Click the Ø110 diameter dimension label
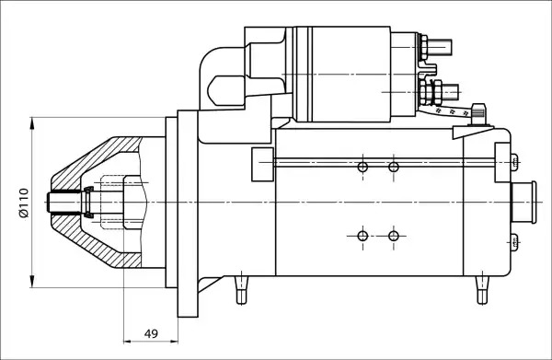[x=24, y=203]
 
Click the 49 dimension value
[x=152, y=333]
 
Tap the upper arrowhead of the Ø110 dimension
[x=32, y=124]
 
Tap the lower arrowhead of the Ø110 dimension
[x=32, y=281]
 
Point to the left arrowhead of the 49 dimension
[x=128, y=341]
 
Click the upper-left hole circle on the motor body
[x=362, y=167]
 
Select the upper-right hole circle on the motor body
[x=394, y=167]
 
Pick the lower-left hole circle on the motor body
[x=362, y=236]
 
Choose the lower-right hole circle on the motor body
[x=394, y=236]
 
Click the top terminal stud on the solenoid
[x=440, y=48]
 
